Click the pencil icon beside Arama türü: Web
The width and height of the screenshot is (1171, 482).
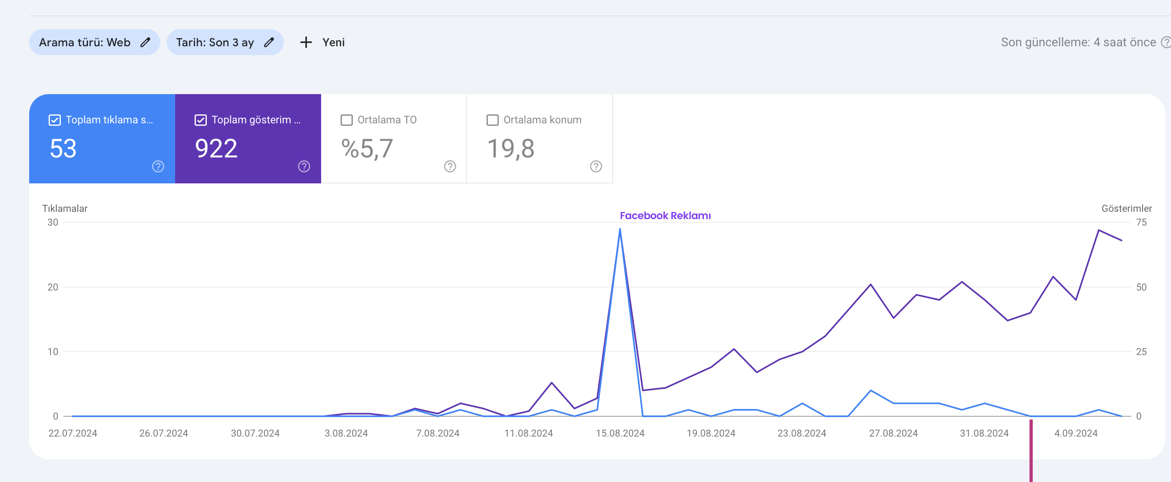pyautogui.click(x=145, y=42)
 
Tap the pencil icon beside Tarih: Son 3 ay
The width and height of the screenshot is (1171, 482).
pyautogui.click(x=269, y=42)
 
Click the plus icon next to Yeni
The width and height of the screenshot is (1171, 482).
pyautogui.click(x=306, y=42)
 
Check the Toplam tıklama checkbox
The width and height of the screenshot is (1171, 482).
pyautogui.click(x=55, y=120)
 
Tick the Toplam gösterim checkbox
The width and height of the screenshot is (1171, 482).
pyautogui.click(x=200, y=120)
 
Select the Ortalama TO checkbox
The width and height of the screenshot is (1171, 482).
pyautogui.click(x=346, y=120)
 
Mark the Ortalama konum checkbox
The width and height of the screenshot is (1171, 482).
pyautogui.click(x=492, y=120)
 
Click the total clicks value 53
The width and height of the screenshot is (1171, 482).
pyautogui.click(x=63, y=148)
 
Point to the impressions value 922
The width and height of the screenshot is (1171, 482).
pyautogui.click(x=216, y=148)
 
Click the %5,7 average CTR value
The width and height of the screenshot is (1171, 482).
pyautogui.click(x=367, y=148)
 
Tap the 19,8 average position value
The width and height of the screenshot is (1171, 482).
pyautogui.click(x=510, y=148)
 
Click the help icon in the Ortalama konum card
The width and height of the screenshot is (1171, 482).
pyautogui.click(x=596, y=166)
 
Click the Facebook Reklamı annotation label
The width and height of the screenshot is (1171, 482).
pyautogui.click(x=665, y=215)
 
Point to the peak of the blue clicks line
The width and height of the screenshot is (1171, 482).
pyautogui.click(x=620, y=229)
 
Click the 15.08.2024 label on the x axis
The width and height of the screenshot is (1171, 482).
pyautogui.click(x=620, y=433)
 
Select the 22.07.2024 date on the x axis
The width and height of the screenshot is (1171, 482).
pyautogui.click(x=73, y=433)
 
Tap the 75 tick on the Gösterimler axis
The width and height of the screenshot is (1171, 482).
pyautogui.click(x=1141, y=222)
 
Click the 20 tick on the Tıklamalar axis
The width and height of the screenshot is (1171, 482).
pyautogui.click(x=53, y=287)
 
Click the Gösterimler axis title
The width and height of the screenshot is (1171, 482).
pyautogui.click(x=1126, y=208)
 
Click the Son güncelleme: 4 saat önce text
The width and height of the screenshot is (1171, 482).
pyautogui.click(x=1078, y=42)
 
